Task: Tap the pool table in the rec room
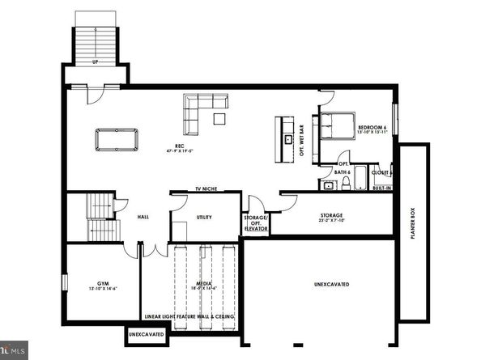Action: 117,139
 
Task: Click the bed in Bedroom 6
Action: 337,127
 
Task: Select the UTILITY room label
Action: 204,218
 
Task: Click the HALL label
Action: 143,218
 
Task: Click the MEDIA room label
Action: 205,284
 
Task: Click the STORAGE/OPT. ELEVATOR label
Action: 257,222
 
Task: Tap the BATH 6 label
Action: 342,172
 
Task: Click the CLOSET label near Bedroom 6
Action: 380,172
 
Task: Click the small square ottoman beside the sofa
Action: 219,119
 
